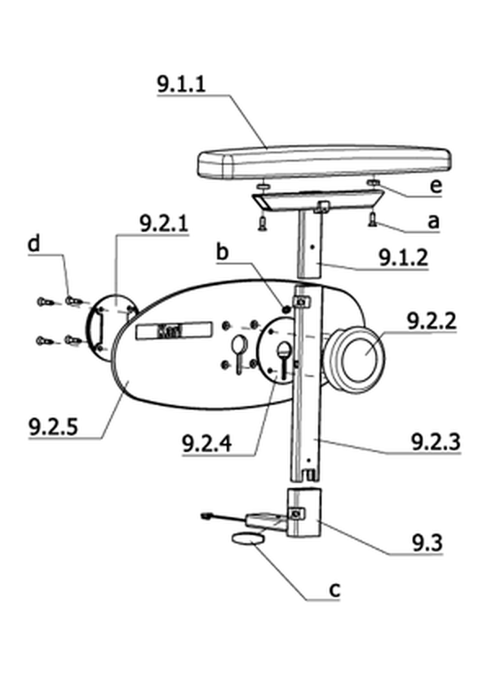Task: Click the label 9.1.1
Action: [181, 83]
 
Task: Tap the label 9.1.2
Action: [403, 258]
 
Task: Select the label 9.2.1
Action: [164, 224]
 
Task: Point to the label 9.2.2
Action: [432, 321]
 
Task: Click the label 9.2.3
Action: [436, 442]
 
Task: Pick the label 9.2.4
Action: [207, 444]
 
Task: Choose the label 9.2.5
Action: [54, 427]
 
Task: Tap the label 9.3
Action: [427, 542]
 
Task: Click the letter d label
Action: [33, 243]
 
